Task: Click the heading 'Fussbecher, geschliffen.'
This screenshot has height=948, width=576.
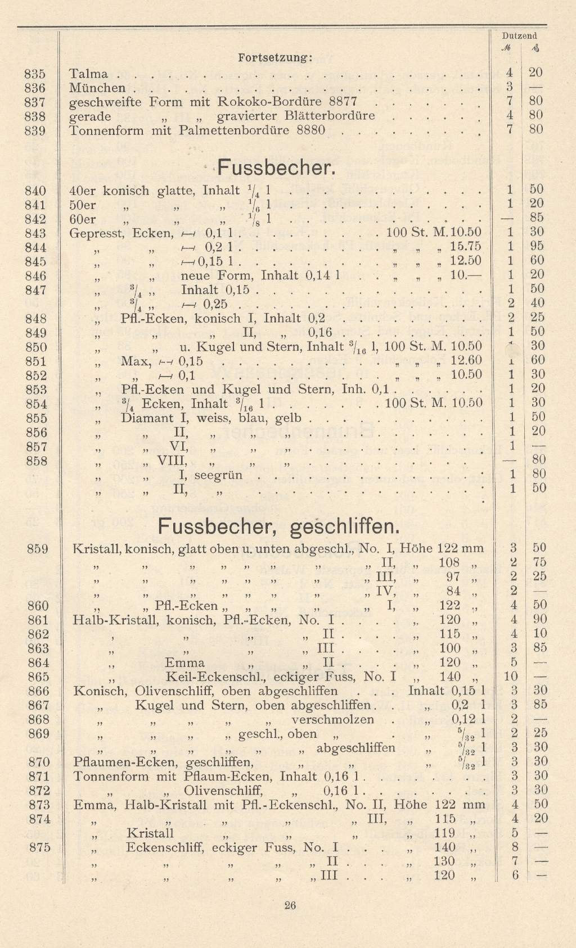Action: [x=278, y=526]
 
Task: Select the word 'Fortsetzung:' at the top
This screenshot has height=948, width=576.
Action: [x=276, y=57]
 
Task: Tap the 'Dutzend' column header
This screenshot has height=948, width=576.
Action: [x=519, y=36]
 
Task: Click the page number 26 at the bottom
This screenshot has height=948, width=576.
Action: [x=290, y=905]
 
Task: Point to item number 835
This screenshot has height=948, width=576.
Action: [x=35, y=74]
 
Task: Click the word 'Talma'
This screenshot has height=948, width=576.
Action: [x=88, y=74]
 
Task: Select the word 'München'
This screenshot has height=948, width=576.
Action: [x=97, y=88]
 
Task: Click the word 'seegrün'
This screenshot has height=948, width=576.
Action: [x=218, y=475]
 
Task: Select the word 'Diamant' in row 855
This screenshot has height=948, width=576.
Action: [x=144, y=418]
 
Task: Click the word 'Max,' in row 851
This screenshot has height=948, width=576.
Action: [x=136, y=361]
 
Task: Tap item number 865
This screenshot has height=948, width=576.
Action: [x=38, y=677]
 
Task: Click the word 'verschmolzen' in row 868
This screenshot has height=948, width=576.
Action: [x=332, y=719]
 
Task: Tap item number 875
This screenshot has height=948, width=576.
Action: [x=39, y=847]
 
